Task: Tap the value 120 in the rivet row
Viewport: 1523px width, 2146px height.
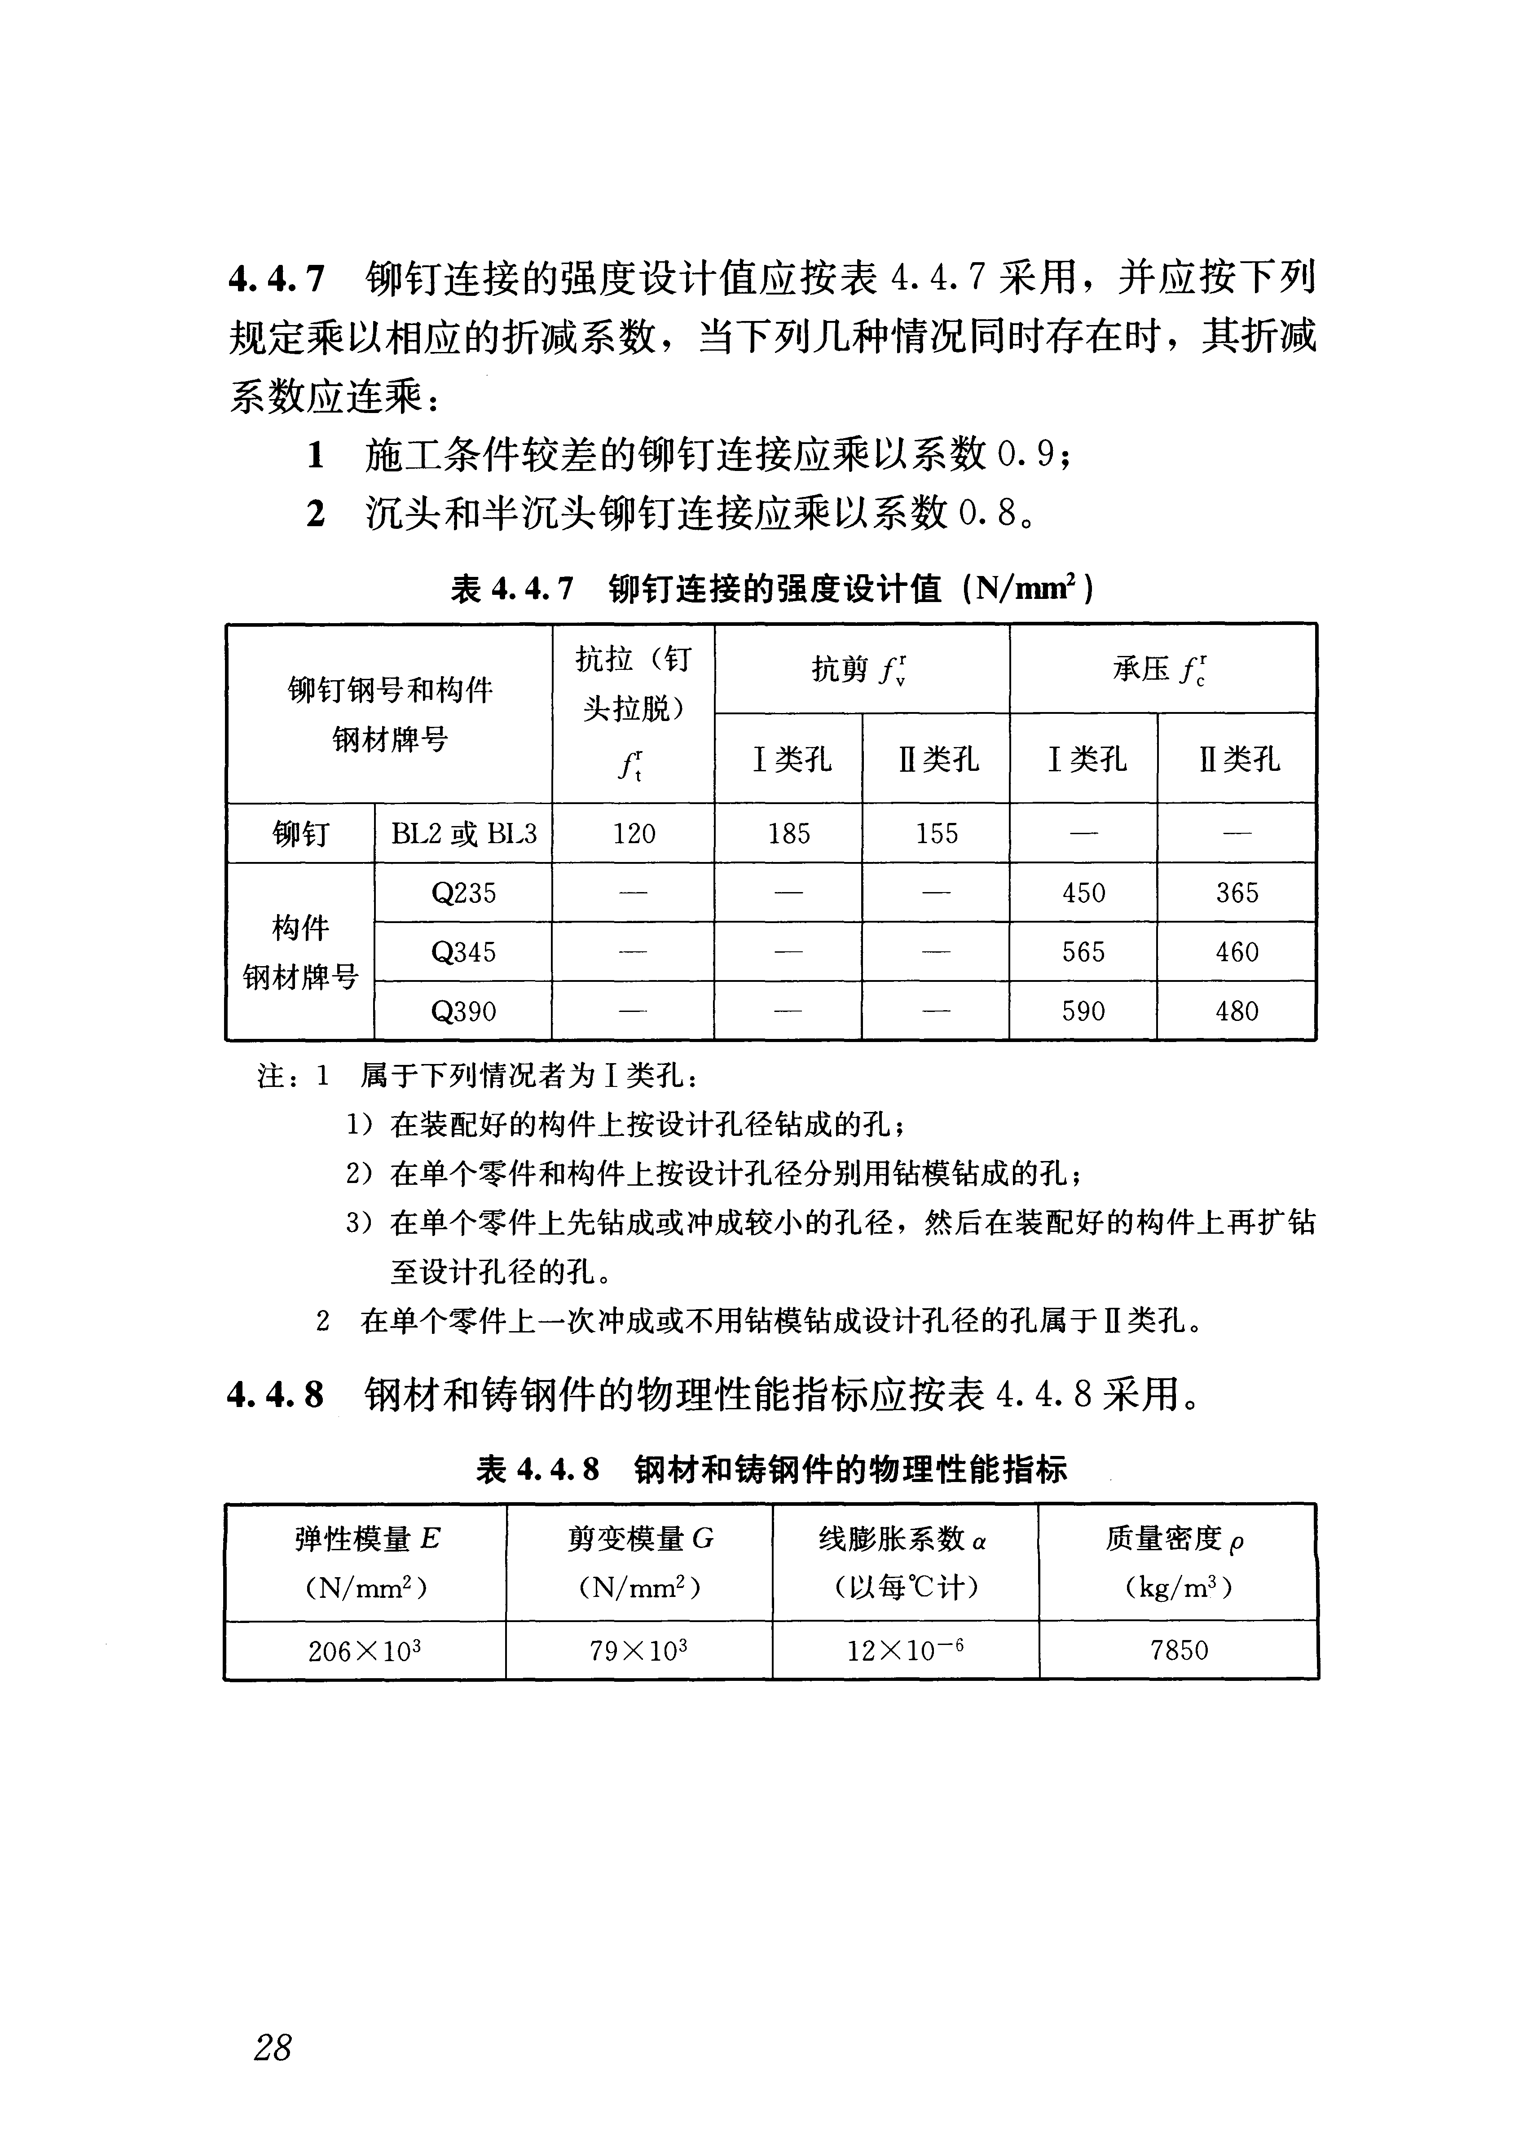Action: coord(634,833)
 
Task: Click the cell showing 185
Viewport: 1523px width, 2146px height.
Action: coord(789,833)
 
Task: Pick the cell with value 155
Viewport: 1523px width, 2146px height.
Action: coord(937,833)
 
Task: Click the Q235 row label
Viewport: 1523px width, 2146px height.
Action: coord(463,893)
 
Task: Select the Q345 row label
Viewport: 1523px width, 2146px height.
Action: coord(463,953)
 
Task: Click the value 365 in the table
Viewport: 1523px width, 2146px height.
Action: coord(1237,893)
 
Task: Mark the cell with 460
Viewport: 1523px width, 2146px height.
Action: coord(1237,953)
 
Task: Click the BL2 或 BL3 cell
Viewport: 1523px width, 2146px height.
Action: coord(463,833)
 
